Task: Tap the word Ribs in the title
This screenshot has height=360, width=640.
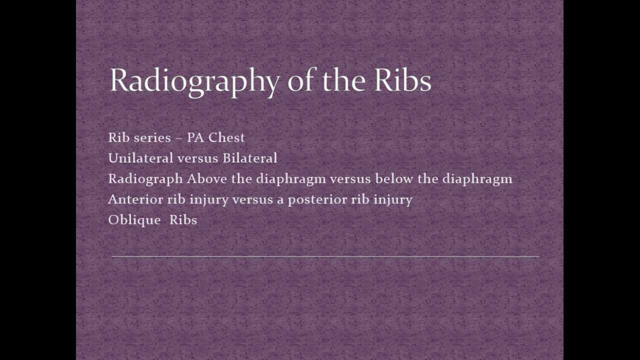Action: tap(402, 80)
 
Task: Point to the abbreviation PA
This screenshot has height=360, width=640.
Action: tap(195, 137)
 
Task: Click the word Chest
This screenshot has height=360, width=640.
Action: tap(226, 137)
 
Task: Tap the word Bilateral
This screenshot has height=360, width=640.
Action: tap(250, 158)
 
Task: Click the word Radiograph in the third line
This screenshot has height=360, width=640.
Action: tap(145, 178)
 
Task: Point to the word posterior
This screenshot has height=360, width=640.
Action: tap(317, 199)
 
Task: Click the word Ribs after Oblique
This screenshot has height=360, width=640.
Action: tap(183, 219)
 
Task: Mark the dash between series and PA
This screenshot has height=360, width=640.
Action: tap(178, 138)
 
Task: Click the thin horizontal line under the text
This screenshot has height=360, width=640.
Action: tap(325, 256)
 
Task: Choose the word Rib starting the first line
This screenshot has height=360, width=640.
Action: tap(118, 137)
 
